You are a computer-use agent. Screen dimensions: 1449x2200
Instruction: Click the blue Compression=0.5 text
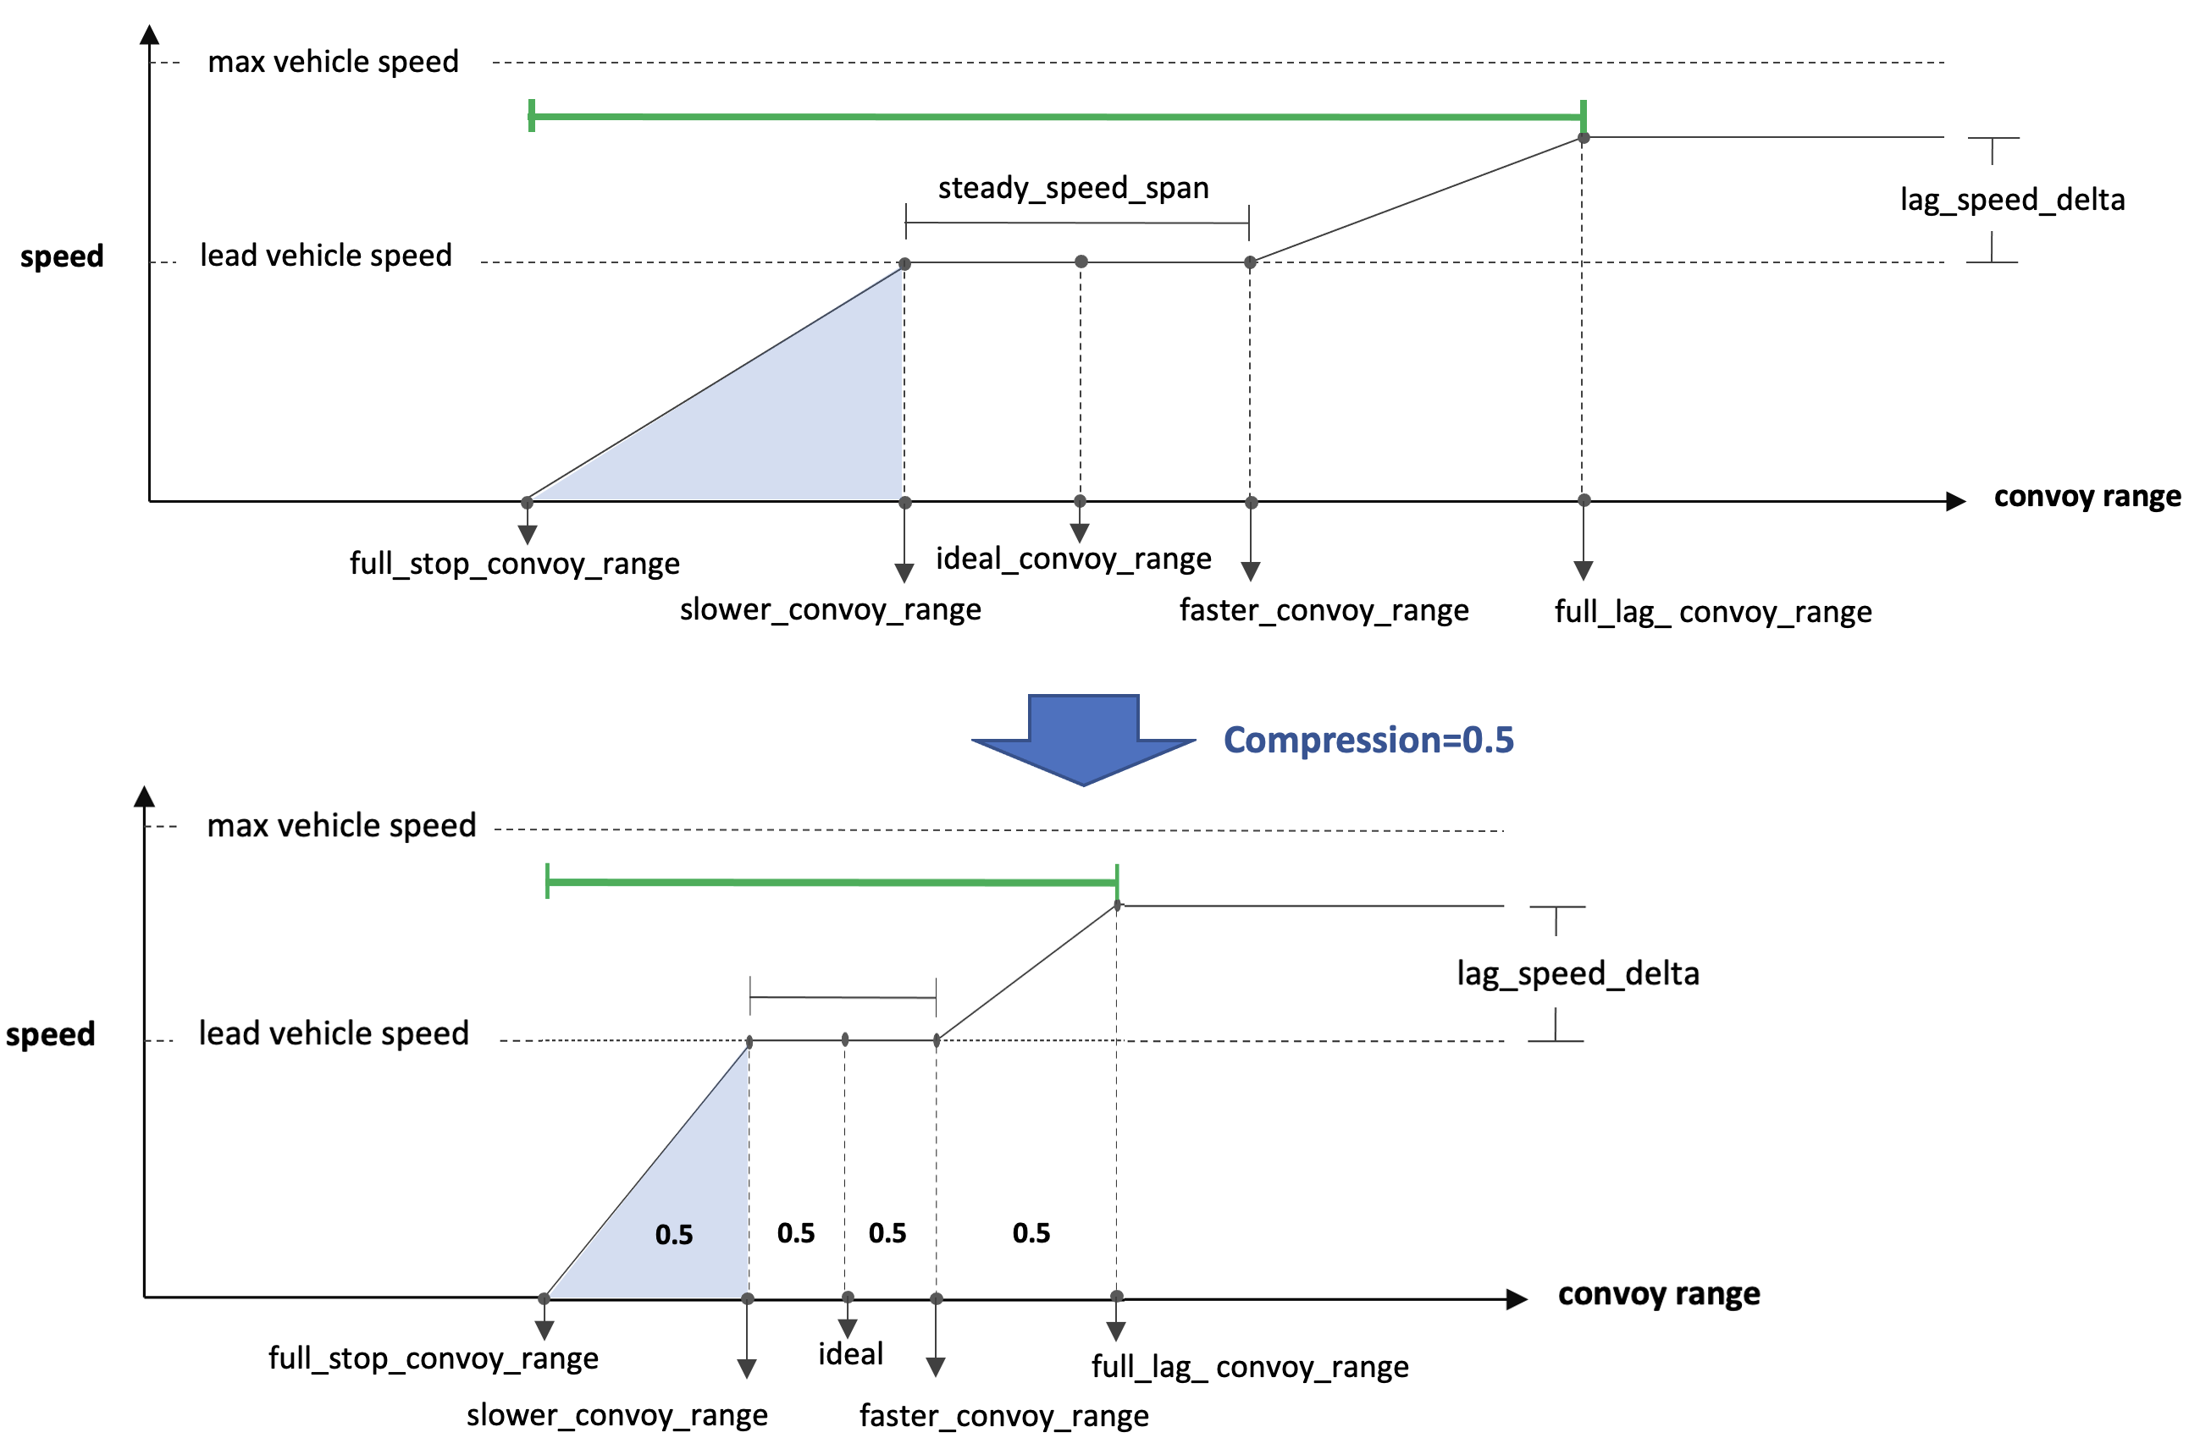click(1368, 741)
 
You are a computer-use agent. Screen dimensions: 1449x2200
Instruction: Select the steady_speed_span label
click(1073, 188)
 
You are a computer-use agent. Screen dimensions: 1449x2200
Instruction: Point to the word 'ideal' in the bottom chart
click(850, 1354)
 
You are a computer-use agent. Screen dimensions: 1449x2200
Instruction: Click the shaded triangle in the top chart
click(786, 416)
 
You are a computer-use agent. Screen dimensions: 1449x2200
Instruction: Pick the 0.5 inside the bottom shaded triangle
click(674, 1235)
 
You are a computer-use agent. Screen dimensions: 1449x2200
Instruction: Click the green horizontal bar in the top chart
click(1053, 117)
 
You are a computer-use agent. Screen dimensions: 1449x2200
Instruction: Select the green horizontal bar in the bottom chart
click(832, 883)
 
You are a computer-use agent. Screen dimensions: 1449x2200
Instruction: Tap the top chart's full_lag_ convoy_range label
click(1713, 612)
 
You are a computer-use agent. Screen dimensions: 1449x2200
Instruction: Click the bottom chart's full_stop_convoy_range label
click(434, 1358)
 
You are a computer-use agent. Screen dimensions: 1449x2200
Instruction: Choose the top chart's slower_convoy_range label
click(830, 609)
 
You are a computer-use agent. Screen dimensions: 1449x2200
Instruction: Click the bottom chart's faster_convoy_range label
click(1003, 1415)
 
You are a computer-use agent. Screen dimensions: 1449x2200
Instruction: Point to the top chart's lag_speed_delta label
click(2012, 200)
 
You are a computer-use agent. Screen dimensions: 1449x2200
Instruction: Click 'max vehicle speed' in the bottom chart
click(341, 825)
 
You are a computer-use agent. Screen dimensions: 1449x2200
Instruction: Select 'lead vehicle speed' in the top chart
click(326, 255)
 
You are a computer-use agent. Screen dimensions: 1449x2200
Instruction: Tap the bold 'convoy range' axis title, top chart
click(2087, 496)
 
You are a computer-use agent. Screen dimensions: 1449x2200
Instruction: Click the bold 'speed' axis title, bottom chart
click(51, 1034)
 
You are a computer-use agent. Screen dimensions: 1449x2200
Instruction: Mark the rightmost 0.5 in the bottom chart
click(1031, 1233)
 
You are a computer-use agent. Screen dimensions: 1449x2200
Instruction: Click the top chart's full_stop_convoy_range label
click(514, 563)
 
